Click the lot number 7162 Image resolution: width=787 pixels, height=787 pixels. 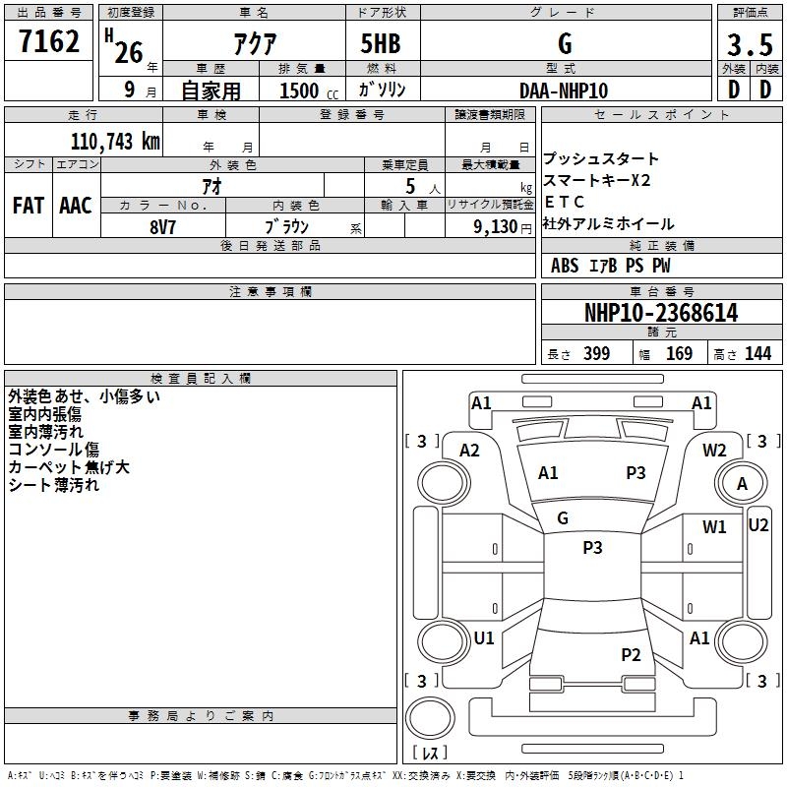pyautogui.click(x=49, y=41)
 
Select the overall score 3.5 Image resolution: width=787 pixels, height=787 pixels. pyautogui.click(x=750, y=45)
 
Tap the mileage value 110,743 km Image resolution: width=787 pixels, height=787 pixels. pyautogui.click(x=115, y=142)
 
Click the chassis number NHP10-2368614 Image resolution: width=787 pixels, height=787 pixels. pyautogui.click(x=661, y=313)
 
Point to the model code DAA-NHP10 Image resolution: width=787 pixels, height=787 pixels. pyautogui.click(x=564, y=91)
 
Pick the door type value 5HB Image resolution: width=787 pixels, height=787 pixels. pyautogui.click(x=381, y=43)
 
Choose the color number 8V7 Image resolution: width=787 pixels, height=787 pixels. pyautogui.click(x=162, y=227)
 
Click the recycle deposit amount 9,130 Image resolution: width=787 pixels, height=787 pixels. pyautogui.click(x=496, y=227)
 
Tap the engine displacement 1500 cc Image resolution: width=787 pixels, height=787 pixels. pyautogui.click(x=309, y=91)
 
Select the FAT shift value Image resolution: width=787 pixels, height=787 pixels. pyautogui.click(x=29, y=206)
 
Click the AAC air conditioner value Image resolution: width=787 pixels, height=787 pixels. pyautogui.click(x=76, y=206)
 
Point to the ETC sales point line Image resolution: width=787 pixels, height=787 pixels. pyautogui.click(x=564, y=202)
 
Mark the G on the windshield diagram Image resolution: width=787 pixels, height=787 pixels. pyautogui.click(x=563, y=518)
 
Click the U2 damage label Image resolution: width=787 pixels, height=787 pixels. pyautogui.click(x=757, y=525)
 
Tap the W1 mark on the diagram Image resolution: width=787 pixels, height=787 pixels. pyautogui.click(x=714, y=527)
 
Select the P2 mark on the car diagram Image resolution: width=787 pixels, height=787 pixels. pyautogui.click(x=631, y=654)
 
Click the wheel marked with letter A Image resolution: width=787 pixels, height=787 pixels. pyautogui.click(x=742, y=483)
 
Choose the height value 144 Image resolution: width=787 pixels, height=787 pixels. pyautogui.click(x=757, y=353)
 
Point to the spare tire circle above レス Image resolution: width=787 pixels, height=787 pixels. pyautogui.click(x=430, y=718)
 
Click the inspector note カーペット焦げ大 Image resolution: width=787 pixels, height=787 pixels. pyautogui.click(x=69, y=467)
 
